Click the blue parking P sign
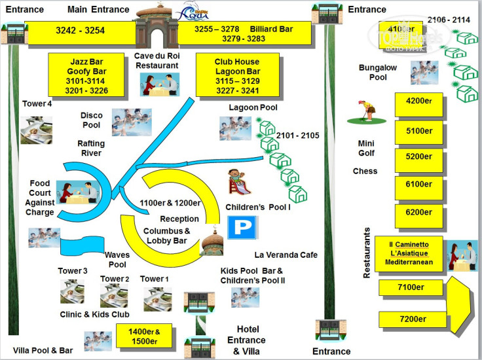pos(241,228)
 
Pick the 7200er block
pos(413,319)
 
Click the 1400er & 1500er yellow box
pos(143,336)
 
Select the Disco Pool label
pos(91,120)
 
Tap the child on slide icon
pos(239,183)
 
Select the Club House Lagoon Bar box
pos(237,77)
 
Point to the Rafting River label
pos(91,148)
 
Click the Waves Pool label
pos(117,260)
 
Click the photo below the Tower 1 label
pos(157,298)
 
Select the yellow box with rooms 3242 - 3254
pos(81,30)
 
